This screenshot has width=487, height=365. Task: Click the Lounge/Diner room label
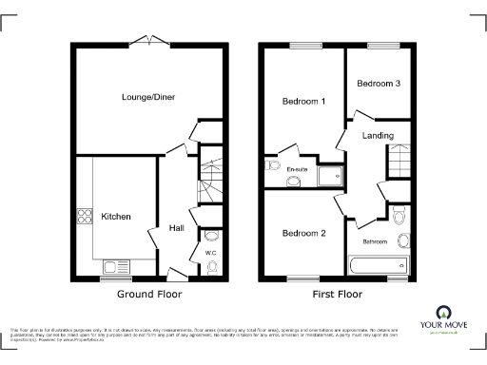click(x=147, y=97)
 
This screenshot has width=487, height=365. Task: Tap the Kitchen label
click(x=116, y=217)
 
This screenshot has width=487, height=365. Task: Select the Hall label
click(x=176, y=228)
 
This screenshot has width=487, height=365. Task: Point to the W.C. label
click(x=210, y=252)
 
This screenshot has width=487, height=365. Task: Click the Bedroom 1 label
click(x=303, y=101)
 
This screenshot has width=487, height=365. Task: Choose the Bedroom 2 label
click(x=303, y=233)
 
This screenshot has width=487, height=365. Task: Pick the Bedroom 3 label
click(x=378, y=85)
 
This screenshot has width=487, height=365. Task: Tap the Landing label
click(x=378, y=136)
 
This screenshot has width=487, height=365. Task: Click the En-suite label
click(x=297, y=170)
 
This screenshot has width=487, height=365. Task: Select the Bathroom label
click(x=374, y=241)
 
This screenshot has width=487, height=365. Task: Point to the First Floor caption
click(x=337, y=295)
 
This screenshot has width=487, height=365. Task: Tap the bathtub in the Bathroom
click(x=379, y=265)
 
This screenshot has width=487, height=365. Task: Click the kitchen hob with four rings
click(x=85, y=216)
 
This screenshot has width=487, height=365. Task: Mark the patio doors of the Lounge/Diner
click(x=149, y=40)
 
